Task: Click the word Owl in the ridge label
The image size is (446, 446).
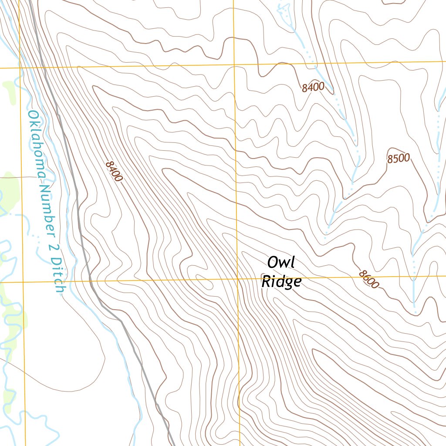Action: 281,263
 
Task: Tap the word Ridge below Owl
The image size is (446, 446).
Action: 281,282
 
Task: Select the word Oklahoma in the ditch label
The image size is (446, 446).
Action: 37,144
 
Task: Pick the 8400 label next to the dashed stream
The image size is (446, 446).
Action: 313,87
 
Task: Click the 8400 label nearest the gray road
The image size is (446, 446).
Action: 114,172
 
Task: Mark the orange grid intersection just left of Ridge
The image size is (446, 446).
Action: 237,279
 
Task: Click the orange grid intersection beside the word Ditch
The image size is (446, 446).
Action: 23,282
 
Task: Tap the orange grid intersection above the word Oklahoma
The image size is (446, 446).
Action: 20,68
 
